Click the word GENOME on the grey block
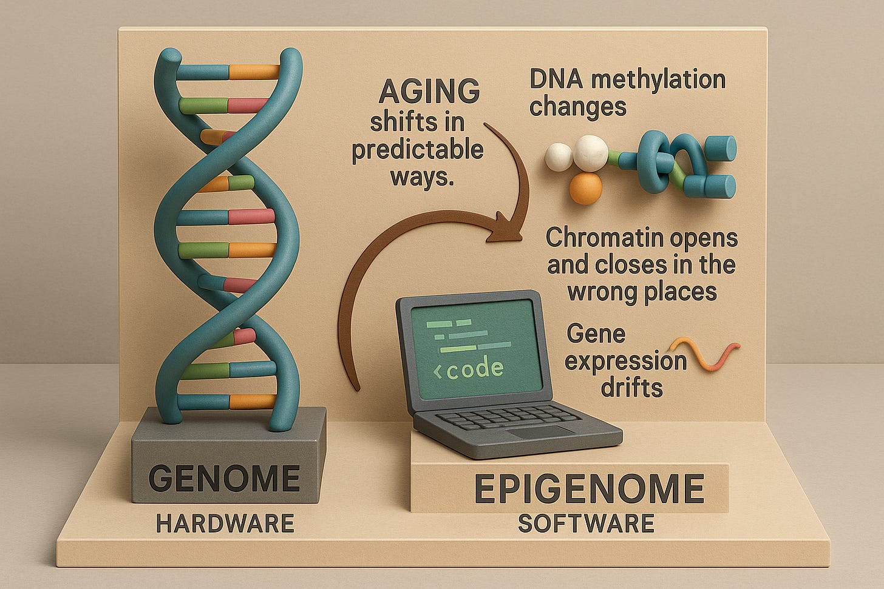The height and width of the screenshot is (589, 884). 224,478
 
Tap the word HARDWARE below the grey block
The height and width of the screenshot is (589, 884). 225,522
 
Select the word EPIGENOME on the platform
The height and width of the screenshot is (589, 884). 588,489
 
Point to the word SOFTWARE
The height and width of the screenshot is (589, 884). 586,522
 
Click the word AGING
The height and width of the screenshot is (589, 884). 429,92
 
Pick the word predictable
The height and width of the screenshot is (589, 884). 418,149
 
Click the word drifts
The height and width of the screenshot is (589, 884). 631,388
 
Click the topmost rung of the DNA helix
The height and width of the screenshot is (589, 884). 254,72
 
